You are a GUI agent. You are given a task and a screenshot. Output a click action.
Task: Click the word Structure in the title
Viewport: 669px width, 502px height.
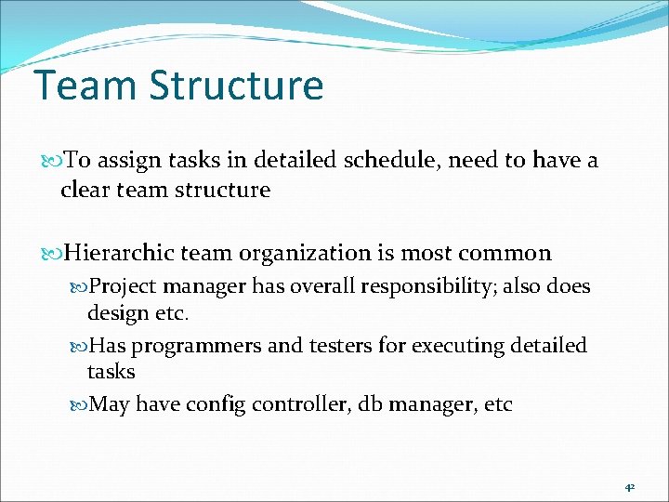236,86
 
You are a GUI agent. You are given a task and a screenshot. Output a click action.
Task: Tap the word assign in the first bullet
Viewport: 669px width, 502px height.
126,161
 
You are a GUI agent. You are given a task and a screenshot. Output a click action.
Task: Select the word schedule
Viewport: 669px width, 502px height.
389,161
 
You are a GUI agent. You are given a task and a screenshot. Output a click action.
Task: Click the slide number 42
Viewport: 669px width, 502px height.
629,485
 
